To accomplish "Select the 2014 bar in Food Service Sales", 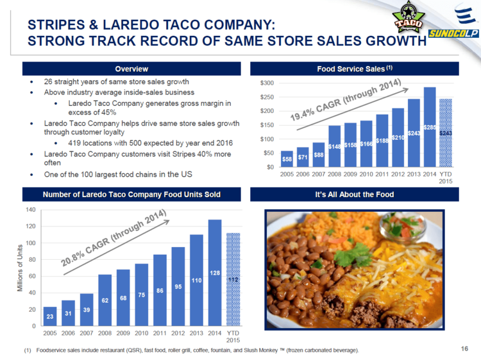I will (x=429, y=127).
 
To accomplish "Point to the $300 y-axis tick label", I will (x=265, y=83).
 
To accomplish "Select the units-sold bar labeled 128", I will (x=214, y=273).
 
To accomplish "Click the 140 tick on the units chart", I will (x=30, y=210).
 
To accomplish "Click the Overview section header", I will (x=131, y=69).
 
